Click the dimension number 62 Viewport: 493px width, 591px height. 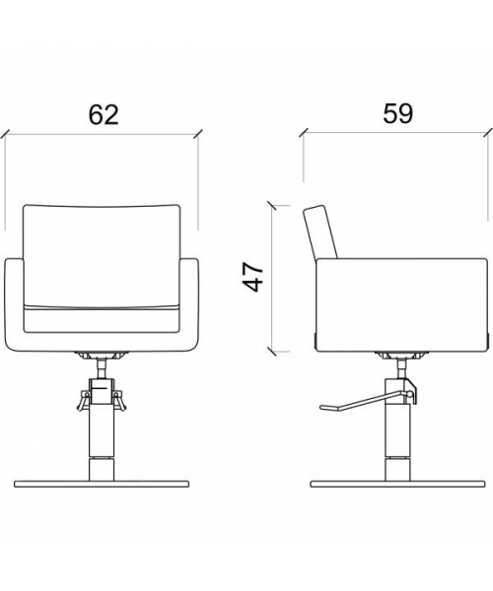tap(104, 114)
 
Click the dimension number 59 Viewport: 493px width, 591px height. tap(398, 113)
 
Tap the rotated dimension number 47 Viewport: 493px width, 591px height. tap(252, 278)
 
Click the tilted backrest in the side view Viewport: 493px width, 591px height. tap(320, 231)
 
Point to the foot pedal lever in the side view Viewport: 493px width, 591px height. tap(366, 402)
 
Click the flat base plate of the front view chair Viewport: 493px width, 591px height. tap(102, 484)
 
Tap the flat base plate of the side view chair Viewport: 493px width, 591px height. tap(397, 484)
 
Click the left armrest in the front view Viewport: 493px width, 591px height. tap(15, 304)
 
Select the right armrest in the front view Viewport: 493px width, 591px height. tap(189, 304)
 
